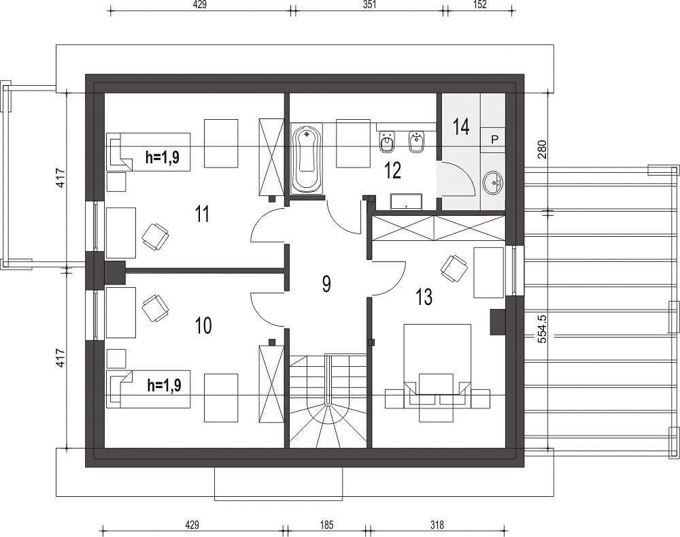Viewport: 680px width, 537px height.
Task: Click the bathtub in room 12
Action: click(307, 159)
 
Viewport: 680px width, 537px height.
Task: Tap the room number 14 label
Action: click(460, 127)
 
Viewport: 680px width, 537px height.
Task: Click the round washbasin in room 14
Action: click(493, 182)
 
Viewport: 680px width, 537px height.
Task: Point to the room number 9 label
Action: click(326, 284)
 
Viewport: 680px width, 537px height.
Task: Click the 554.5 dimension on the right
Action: click(542, 329)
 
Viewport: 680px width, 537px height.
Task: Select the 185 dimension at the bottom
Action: click(326, 525)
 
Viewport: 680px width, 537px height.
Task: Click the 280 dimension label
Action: click(542, 149)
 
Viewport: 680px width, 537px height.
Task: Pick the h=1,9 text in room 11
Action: click(163, 157)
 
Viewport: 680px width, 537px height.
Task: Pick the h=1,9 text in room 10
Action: click(165, 385)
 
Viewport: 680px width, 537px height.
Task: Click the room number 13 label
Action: click(424, 297)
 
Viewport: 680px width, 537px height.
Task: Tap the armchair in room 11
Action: click(155, 237)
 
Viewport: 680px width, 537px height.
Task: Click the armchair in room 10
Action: click(155, 308)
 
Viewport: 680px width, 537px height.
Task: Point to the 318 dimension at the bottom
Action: click(437, 525)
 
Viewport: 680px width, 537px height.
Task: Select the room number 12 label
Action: click(392, 171)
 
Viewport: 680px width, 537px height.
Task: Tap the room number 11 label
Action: click(202, 214)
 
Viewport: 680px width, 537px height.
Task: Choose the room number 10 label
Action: click(203, 325)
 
